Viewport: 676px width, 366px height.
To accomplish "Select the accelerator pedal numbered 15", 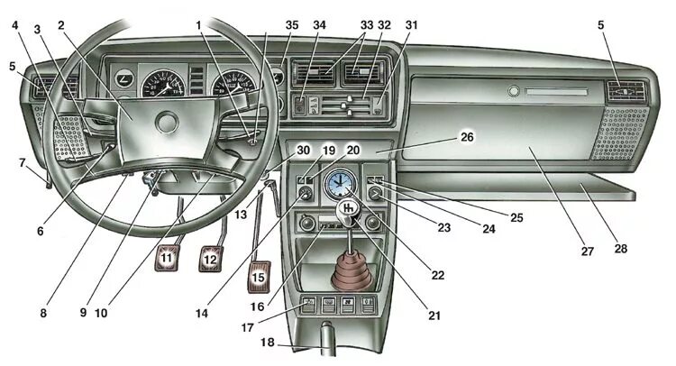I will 260,276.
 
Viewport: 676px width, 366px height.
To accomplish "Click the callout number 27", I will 587,252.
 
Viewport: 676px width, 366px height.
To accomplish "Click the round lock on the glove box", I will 514,91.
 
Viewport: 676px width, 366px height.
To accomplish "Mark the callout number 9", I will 83,315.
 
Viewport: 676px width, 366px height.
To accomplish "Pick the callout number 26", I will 467,136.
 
